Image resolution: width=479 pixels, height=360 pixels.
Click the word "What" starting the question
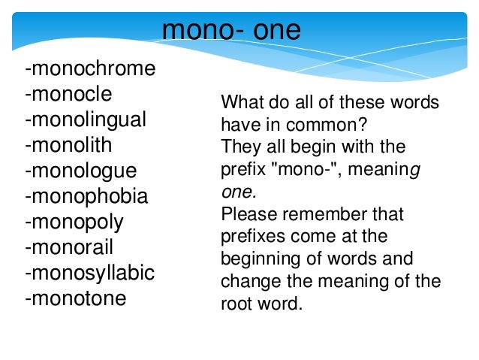point(239,103)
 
